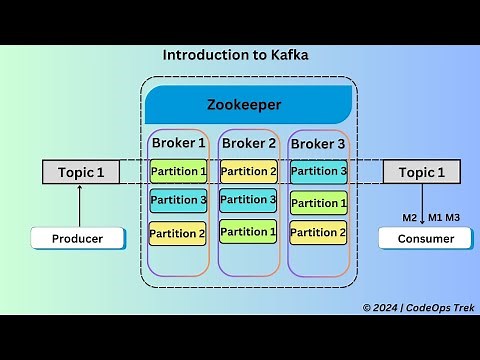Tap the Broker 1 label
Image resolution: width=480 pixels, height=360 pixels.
(x=178, y=143)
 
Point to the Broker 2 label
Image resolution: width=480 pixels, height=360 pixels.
(x=248, y=143)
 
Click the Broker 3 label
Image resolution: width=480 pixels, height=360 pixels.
(x=318, y=144)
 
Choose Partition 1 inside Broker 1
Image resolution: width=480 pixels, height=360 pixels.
(x=178, y=171)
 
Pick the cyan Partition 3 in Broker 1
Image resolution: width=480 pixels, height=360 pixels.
(x=178, y=201)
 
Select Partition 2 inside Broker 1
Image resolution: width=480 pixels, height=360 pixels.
(x=178, y=234)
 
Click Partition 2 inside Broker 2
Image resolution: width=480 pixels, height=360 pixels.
(x=248, y=171)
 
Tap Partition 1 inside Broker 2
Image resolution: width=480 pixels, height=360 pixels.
(x=248, y=232)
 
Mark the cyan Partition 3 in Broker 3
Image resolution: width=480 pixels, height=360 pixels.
(x=318, y=171)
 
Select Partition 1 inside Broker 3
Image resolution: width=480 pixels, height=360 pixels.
(x=318, y=203)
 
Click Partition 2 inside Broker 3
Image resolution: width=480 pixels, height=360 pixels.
(x=318, y=233)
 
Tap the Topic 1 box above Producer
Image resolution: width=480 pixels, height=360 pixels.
(x=80, y=172)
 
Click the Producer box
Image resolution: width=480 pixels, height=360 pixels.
(x=80, y=238)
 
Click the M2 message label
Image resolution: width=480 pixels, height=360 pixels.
(x=409, y=217)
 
